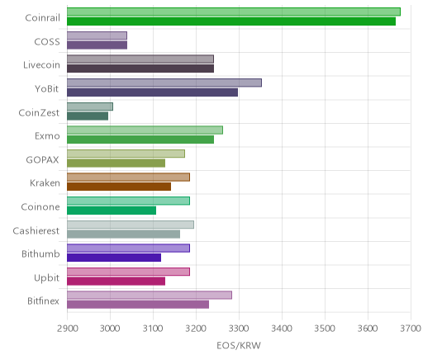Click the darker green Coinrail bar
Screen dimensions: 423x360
click(231, 21)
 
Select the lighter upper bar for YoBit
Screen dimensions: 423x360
click(164, 83)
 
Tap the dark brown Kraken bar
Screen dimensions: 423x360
click(119, 187)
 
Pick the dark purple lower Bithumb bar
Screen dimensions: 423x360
click(114, 258)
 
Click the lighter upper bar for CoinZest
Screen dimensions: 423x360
click(90, 107)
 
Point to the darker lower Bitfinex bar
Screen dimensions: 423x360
click(138, 305)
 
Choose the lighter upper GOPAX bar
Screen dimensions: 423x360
click(126, 154)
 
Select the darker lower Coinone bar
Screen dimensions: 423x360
click(112, 211)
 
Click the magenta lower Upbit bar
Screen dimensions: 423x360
click(116, 282)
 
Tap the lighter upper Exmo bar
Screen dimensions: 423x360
click(145, 130)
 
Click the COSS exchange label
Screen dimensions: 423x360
click(47, 42)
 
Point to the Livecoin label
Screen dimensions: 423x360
click(41, 65)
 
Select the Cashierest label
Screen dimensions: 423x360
click(36, 230)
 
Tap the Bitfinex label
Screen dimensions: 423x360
click(43, 301)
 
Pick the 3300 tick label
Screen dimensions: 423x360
click(240, 329)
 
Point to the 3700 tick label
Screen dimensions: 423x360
click(411, 329)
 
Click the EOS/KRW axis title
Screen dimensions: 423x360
click(239, 345)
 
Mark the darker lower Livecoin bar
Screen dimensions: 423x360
click(140, 69)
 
